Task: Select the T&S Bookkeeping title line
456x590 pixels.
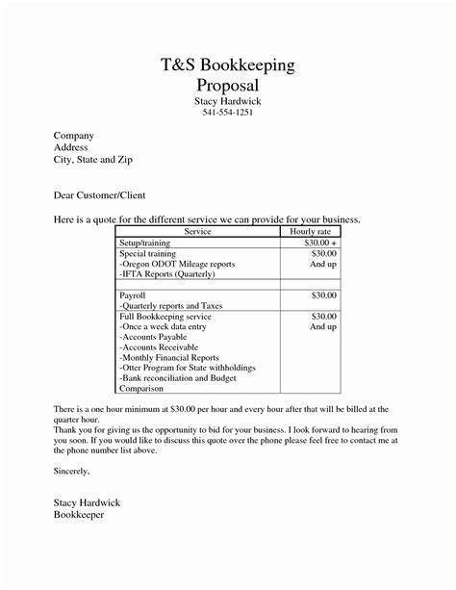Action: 227,64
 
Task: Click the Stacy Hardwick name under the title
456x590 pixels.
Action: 227,101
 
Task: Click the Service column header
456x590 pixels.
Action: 196,232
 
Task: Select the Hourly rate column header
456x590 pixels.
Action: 309,232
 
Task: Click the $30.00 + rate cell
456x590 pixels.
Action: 319,243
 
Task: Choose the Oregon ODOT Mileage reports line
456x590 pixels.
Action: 176,263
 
